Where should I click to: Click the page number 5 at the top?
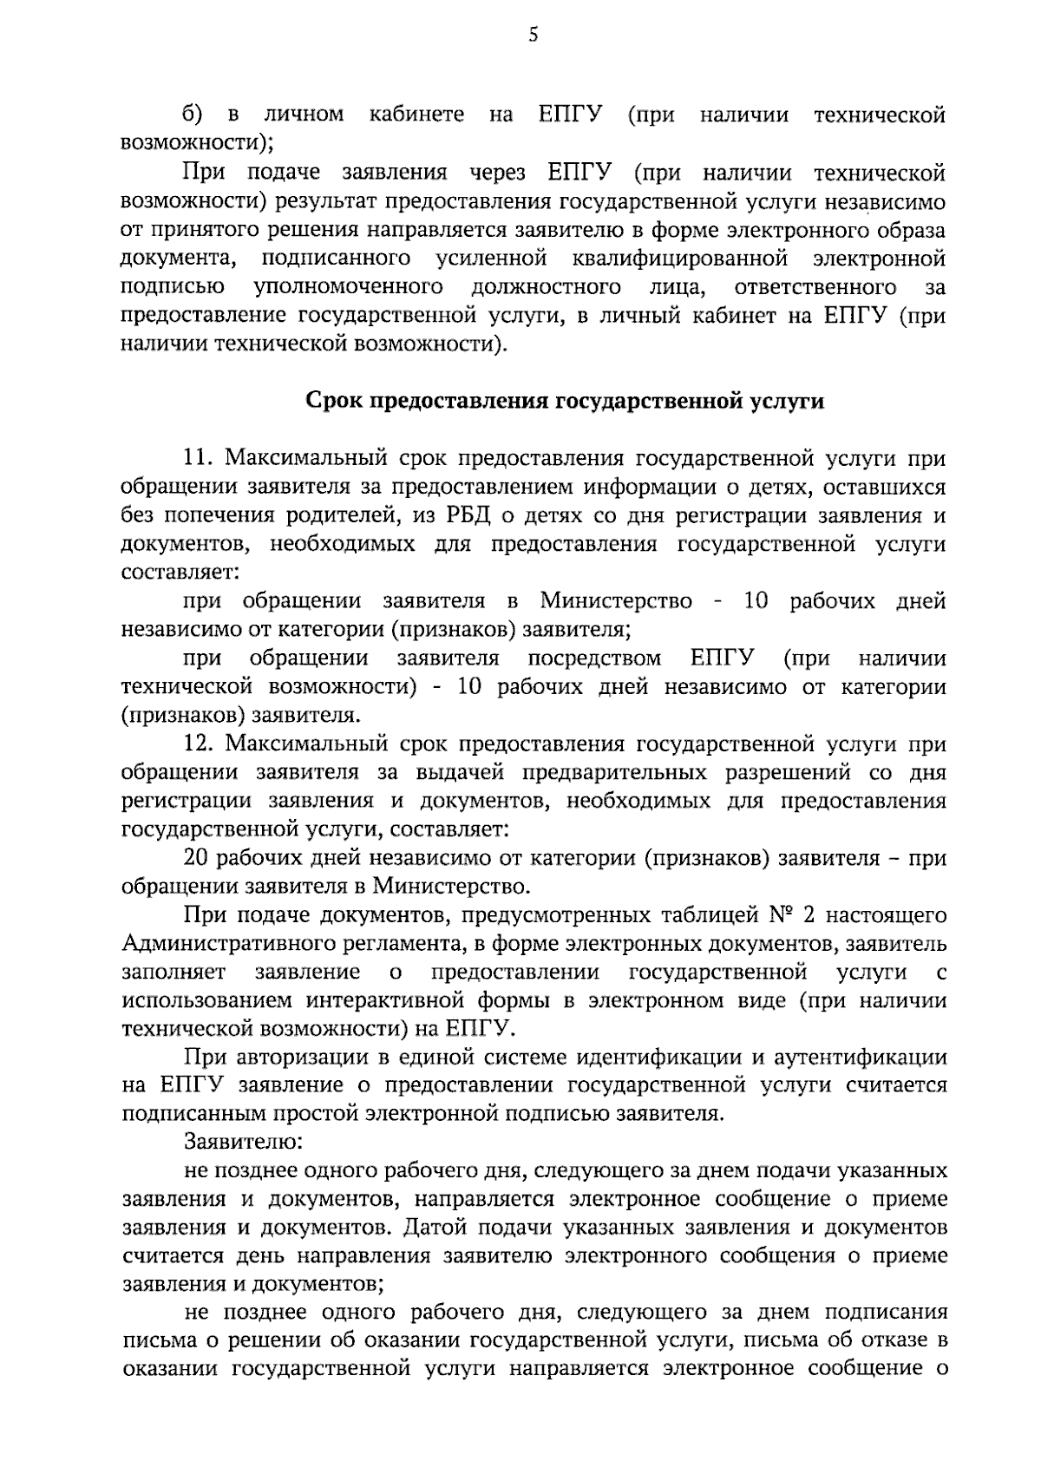533,35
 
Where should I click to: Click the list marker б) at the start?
193,115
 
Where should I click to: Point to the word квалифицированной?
679,259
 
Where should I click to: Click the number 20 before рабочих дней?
196,859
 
